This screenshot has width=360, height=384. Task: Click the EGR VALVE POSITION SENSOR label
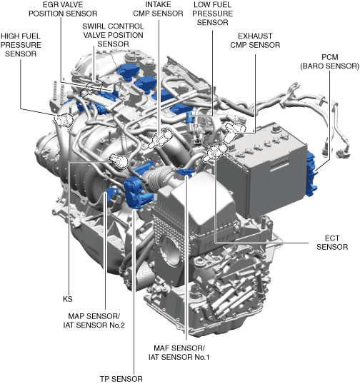coord(63,9)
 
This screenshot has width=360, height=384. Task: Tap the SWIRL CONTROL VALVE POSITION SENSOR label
coord(113,35)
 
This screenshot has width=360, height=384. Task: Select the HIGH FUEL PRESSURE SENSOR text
coord(21,45)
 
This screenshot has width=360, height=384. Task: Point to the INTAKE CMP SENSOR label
coord(158,9)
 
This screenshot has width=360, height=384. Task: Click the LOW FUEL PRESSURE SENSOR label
coord(212,14)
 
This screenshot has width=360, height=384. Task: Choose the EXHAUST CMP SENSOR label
coord(255,41)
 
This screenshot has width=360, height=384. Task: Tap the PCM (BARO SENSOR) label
coord(329,61)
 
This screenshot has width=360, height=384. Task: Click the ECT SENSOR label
coord(332,243)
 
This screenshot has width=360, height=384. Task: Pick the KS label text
coord(68,299)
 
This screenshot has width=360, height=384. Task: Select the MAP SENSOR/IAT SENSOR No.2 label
coord(94,320)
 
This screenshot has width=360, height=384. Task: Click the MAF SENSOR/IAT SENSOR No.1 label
coord(179,353)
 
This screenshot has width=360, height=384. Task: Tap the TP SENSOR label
coord(121,379)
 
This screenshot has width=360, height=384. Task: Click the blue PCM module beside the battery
coord(311,173)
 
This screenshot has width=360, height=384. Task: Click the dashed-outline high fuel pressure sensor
coord(64,120)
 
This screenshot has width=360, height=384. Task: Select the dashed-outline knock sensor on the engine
coord(119,161)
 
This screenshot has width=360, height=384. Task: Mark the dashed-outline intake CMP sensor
coord(160,138)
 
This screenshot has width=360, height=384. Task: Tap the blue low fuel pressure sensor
coord(189,118)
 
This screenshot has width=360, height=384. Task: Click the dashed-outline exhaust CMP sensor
coord(235,131)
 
